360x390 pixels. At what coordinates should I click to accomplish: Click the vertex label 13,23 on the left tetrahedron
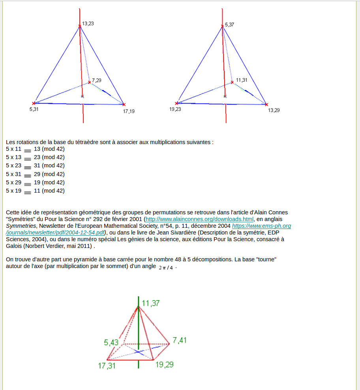(88, 24)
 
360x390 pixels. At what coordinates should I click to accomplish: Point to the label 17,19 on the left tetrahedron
(129, 111)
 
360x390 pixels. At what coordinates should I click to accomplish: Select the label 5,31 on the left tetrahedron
(34, 109)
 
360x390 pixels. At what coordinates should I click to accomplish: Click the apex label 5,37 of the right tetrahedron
(229, 25)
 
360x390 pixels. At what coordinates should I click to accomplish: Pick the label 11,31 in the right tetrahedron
(242, 80)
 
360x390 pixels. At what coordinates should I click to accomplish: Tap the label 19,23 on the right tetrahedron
(175, 109)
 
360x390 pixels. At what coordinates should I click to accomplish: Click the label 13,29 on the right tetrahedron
(274, 111)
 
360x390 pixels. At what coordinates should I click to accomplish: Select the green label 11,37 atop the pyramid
(151, 303)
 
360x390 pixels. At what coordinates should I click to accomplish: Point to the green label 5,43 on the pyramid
(111, 343)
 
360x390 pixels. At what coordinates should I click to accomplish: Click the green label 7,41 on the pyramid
(180, 340)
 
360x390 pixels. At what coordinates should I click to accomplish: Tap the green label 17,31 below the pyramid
(107, 366)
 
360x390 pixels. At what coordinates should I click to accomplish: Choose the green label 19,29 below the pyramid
(164, 365)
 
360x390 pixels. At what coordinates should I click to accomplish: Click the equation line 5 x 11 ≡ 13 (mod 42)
(35, 149)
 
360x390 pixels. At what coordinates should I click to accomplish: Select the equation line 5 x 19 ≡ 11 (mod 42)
(35, 191)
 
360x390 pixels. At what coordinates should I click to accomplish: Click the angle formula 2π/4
(166, 268)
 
